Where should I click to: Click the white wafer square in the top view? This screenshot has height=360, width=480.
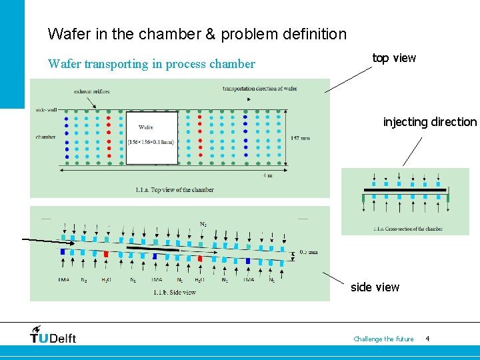(x=151, y=137)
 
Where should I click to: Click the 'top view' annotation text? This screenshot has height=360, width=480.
(x=394, y=58)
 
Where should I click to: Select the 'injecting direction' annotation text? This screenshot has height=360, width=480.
(x=430, y=122)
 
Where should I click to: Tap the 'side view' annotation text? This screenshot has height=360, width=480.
(x=375, y=287)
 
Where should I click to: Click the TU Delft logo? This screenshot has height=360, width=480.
(x=53, y=335)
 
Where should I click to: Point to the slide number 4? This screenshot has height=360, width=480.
(x=427, y=339)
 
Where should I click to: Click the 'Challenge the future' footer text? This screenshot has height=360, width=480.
(x=383, y=339)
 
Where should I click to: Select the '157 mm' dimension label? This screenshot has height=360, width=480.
(x=301, y=139)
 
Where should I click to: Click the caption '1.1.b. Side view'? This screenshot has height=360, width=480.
(x=175, y=292)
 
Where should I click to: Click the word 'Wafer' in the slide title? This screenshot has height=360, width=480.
(x=65, y=33)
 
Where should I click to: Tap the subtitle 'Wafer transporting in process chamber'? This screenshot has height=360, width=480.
(x=151, y=64)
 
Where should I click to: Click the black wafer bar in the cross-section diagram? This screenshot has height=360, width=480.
(x=405, y=190)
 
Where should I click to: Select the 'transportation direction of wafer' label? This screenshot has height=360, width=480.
(x=259, y=88)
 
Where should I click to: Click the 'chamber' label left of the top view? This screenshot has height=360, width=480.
(x=45, y=137)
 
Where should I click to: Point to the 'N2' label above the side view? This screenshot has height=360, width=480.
(x=203, y=224)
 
